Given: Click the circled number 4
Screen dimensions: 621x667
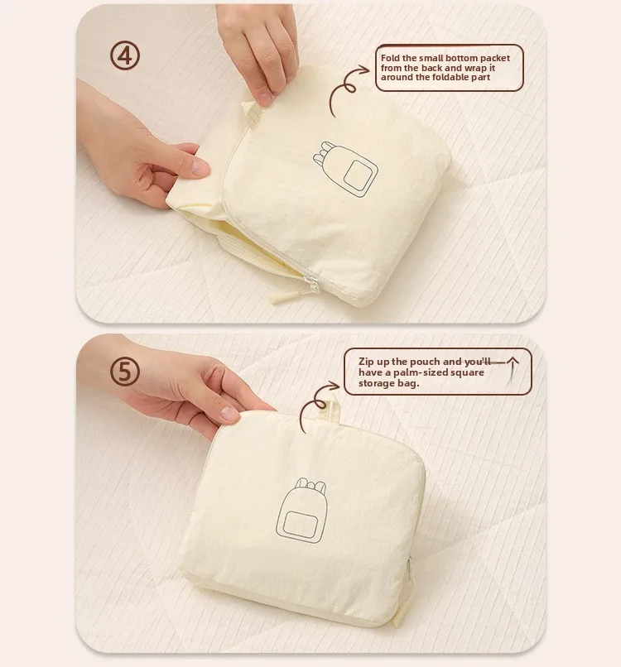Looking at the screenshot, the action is pos(125,55).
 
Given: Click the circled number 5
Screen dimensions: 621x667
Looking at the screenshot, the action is pos(125,372).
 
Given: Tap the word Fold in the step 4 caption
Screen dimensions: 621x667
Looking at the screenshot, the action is pos(390,58).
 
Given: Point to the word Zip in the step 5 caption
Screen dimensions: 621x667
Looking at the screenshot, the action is pos(366,362).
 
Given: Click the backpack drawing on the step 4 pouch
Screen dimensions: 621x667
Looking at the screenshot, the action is pos(345,169).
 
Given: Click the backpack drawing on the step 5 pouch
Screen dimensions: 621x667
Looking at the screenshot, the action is pos(301,510).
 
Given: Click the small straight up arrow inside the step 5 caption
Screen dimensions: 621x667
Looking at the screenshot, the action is pos(513,370).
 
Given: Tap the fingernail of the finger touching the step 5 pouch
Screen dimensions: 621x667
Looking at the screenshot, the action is pos(229,413).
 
